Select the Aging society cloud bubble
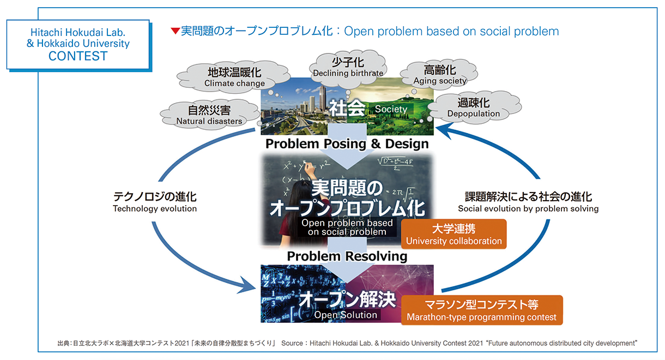tap(440, 75)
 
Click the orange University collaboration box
tap(454, 234)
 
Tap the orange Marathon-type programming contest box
tap(481, 310)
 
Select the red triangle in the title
tap(175, 31)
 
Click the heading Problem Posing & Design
tap(347, 144)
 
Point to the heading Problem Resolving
tap(347, 256)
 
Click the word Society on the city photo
tap(391, 109)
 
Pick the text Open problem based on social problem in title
tap(452, 31)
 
